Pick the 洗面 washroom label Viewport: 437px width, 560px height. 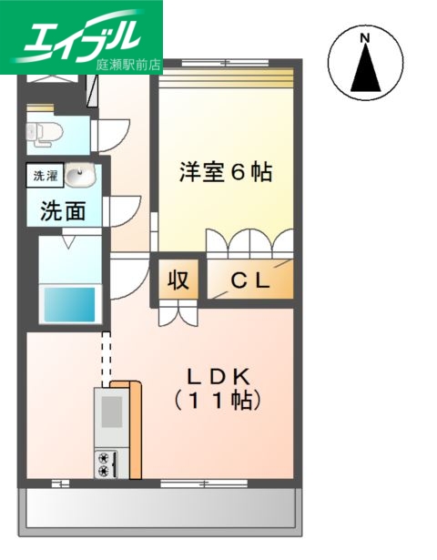tap(63, 211)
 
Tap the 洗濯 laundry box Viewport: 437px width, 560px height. tap(44, 175)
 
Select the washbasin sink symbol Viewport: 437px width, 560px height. tap(78, 174)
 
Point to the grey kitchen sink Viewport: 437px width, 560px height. tap(109, 412)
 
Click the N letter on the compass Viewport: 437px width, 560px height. tap(364, 37)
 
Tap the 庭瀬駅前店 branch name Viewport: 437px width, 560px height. tap(127, 65)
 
